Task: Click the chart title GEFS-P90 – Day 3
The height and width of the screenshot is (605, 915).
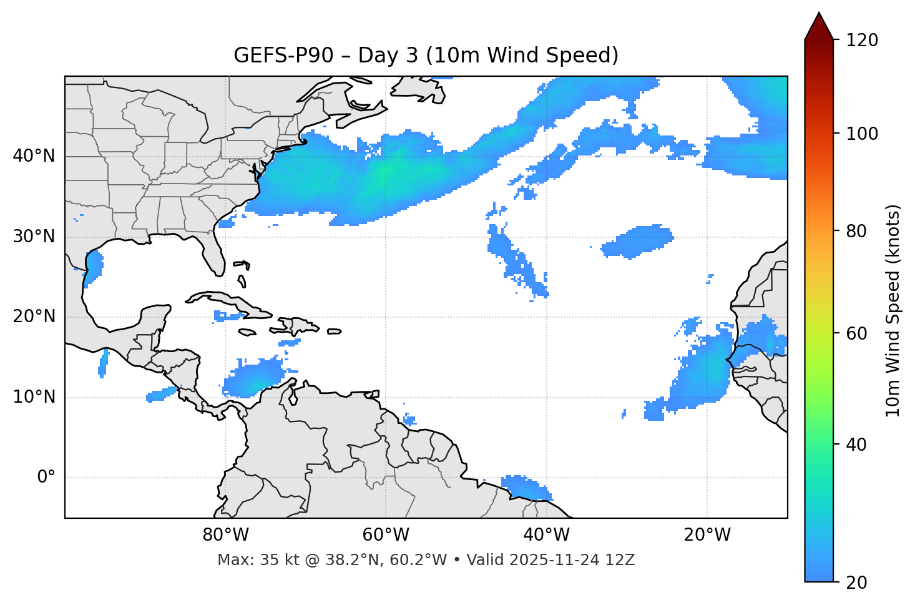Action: click(x=426, y=56)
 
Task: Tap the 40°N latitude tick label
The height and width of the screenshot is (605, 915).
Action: click(x=34, y=156)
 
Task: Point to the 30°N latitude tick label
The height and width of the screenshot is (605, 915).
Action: click(x=34, y=237)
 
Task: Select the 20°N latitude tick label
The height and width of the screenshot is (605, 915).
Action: click(x=34, y=317)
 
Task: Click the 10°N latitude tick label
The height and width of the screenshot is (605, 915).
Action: click(x=34, y=397)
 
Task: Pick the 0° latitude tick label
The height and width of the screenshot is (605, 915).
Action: click(x=46, y=478)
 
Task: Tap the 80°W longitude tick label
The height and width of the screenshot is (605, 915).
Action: click(x=225, y=535)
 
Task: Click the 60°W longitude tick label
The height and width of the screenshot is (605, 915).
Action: click(x=386, y=535)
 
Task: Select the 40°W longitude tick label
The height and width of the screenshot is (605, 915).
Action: click(x=547, y=535)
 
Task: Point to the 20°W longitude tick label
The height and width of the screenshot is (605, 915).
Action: click(x=707, y=535)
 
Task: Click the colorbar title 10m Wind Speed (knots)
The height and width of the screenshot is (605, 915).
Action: click(x=894, y=310)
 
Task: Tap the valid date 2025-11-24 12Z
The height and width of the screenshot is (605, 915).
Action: click(x=572, y=560)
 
